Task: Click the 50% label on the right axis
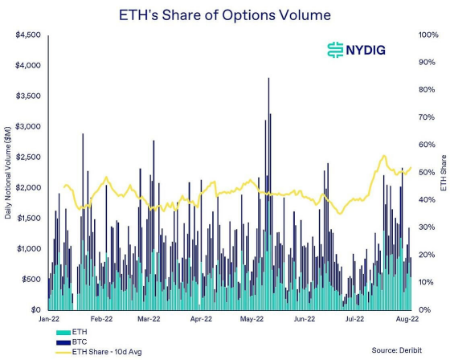(x=425, y=173)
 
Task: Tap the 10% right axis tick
(x=425, y=282)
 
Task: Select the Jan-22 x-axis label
(x=48, y=319)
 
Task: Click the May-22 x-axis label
(x=252, y=319)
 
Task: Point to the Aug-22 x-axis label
(x=406, y=319)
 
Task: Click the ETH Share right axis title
(x=444, y=173)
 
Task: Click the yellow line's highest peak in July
(x=384, y=156)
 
